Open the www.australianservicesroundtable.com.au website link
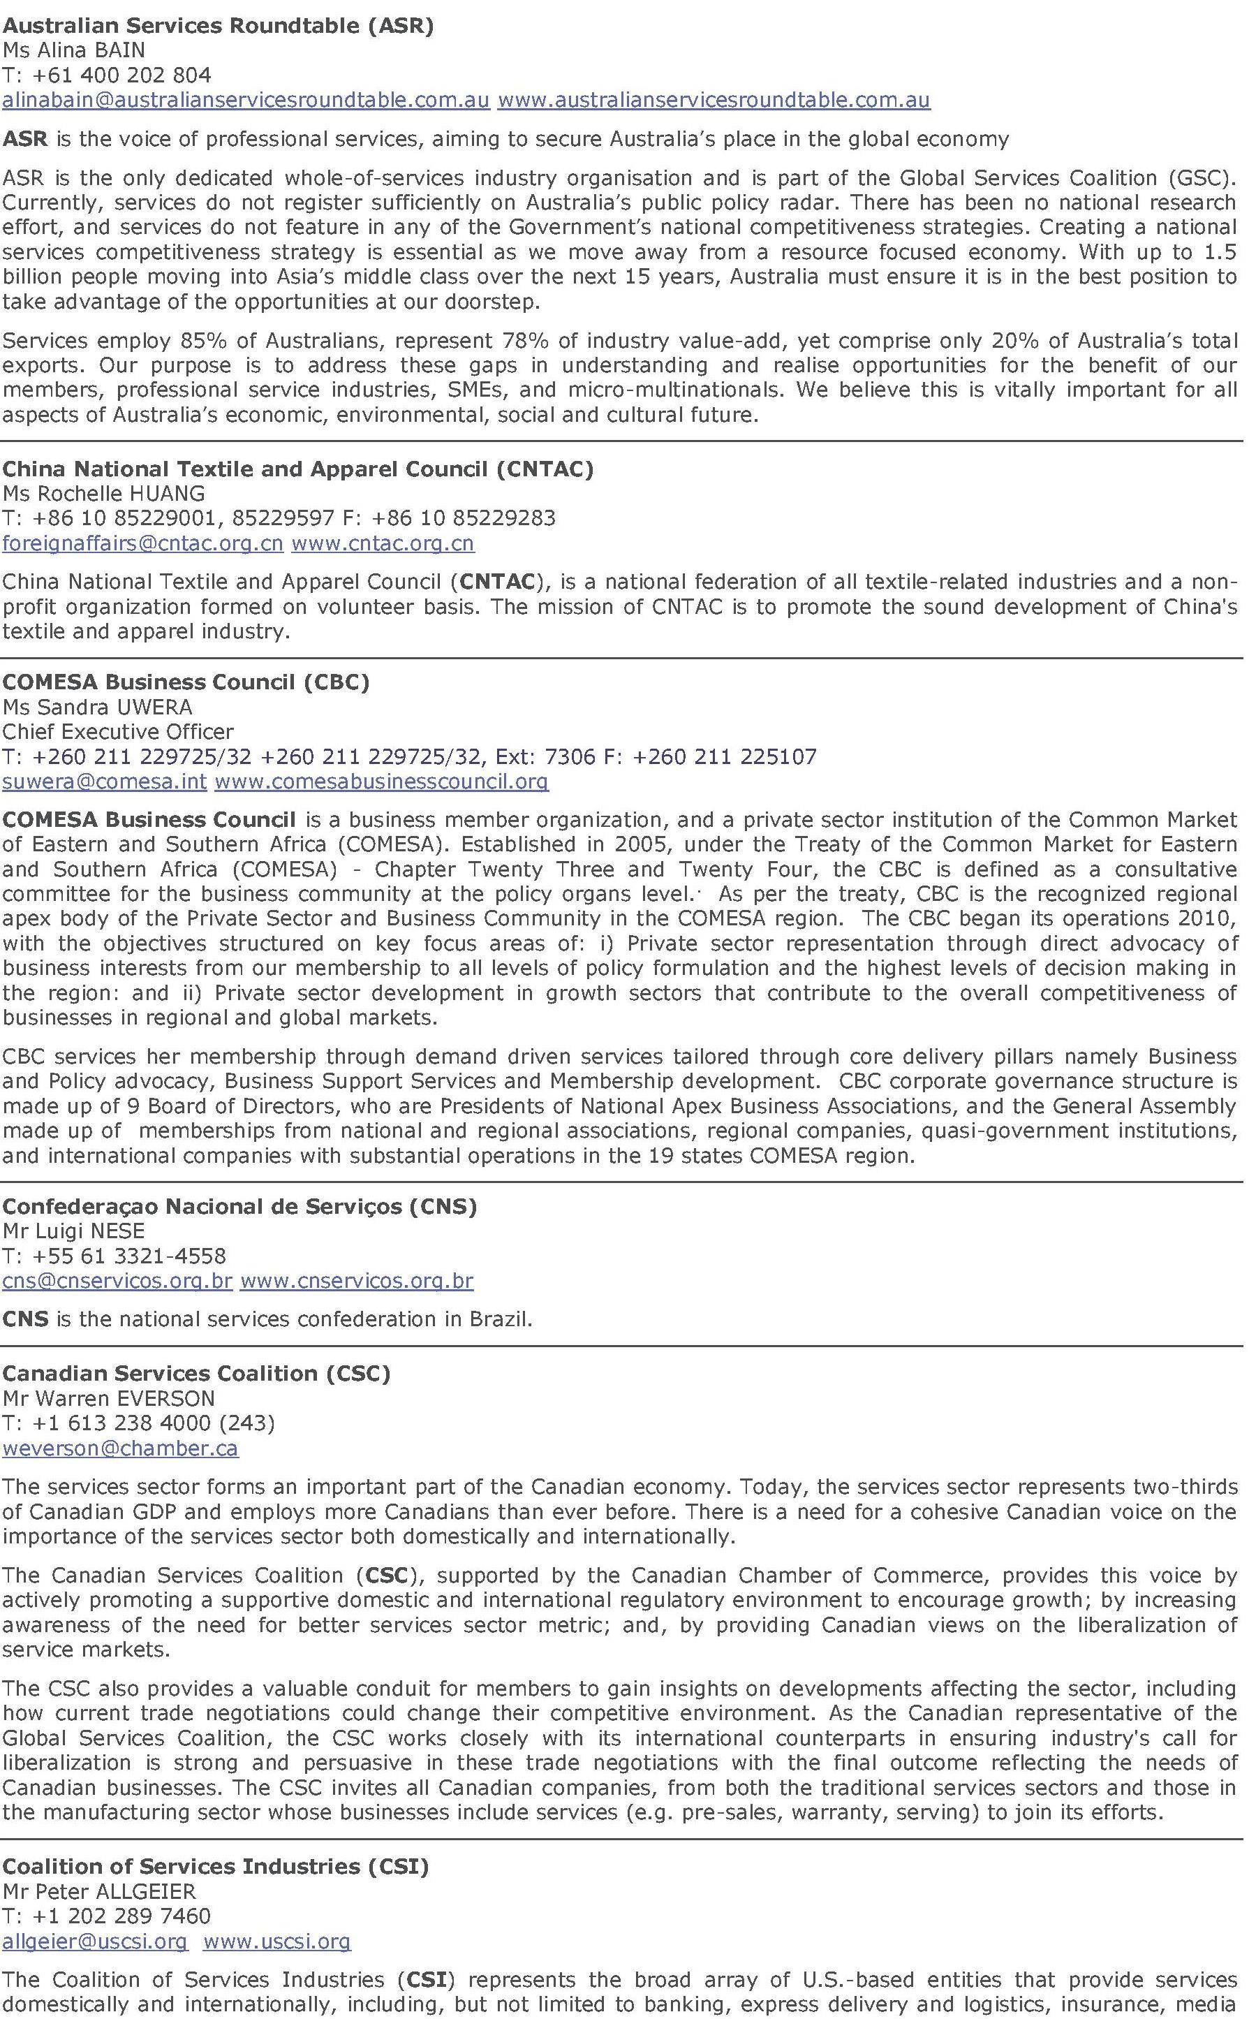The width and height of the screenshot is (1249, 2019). [714, 100]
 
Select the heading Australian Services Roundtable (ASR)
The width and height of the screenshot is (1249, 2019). [218, 26]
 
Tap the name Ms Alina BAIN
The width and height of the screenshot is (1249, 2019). [74, 50]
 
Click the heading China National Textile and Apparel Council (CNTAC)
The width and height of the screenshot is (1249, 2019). [298, 469]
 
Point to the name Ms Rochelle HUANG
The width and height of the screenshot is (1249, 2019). [104, 494]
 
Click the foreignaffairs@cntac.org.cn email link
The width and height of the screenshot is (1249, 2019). [143, 543]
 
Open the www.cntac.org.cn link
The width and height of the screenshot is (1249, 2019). [383, 543]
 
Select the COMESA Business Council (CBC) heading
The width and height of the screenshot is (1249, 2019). [186, 682]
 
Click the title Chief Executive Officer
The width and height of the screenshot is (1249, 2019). [118, 732]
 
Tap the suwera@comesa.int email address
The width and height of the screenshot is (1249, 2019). [105, 781]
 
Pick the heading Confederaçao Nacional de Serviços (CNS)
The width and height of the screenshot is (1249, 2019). [239, 1206]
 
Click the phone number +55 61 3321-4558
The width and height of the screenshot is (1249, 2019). [129, 1256]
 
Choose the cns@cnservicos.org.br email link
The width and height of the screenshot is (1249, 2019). [117, 1282]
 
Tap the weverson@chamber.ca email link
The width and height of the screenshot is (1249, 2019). [121, 1448]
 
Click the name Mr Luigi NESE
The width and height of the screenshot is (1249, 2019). [74, 1231]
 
